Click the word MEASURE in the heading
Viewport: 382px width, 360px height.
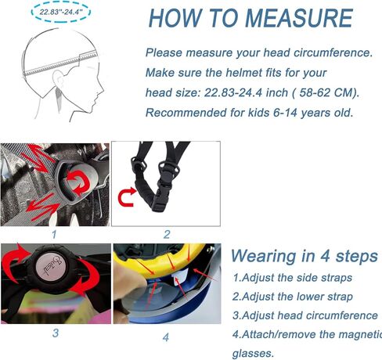coord(299,18)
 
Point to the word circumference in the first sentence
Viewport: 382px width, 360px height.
coord(333,52)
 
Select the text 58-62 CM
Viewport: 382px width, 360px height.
coord(328,92)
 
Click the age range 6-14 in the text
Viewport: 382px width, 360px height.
coord(286,113)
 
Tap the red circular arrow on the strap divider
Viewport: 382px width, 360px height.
coord(78,181)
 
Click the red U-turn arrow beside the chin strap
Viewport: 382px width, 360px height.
coord(127,196)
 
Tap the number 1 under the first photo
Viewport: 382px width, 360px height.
coord(54,234)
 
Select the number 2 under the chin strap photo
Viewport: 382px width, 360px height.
coord(167,234)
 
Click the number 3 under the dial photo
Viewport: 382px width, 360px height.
coord(56,333)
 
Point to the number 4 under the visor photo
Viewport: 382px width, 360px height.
coord(166,337)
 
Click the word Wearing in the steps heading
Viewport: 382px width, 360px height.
coord(264,257)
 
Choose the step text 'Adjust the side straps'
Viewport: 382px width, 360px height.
coord(297,278)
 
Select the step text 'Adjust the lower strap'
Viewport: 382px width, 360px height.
coord(297,297)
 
